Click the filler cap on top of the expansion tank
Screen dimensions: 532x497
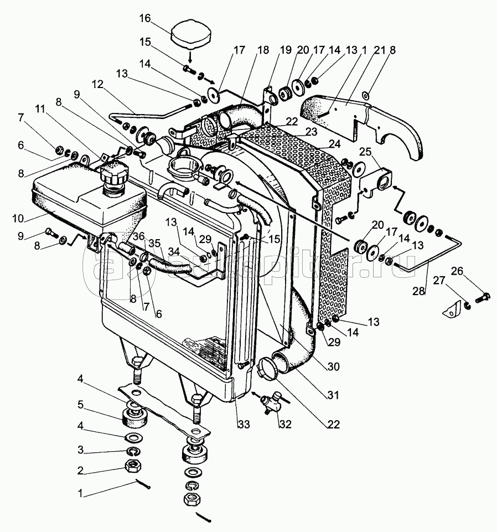[113, 177]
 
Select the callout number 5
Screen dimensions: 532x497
[80, 405]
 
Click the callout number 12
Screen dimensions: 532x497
[98, 85]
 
